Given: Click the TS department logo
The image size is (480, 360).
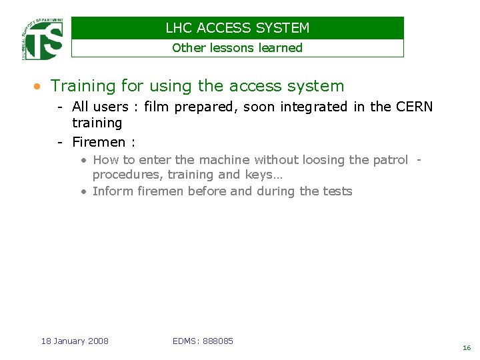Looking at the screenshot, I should pos(43,39).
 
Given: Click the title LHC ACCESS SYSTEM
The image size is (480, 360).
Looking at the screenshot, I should pos(237,28).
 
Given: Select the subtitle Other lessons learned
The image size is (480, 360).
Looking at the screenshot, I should pos(237,48).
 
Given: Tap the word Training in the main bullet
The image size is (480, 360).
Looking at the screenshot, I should pos(83,86).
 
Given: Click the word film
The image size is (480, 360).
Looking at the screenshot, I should pos(157,107).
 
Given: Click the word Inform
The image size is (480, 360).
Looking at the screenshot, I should pos(113,191).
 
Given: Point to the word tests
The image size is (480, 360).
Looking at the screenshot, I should pos(337,191).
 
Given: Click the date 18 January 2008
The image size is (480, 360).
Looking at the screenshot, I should pos(75,341).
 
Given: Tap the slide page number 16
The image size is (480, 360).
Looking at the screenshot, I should pos(466,348).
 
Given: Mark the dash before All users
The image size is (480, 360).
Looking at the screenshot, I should pos(60,107).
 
